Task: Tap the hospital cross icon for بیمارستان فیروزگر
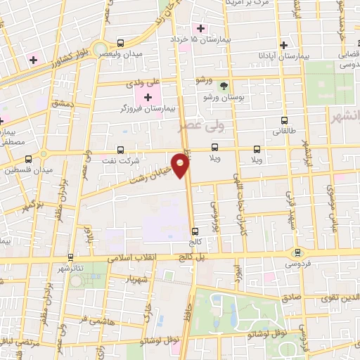click(148, 96)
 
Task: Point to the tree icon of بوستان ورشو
click(224, 86)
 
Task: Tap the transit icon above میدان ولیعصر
click(121, 43)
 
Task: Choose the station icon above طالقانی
click(284, 120)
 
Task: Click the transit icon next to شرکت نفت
click(120, 149)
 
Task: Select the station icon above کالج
click(195, 231)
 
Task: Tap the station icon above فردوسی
click(296, 253)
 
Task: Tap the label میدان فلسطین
click(24, 170)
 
